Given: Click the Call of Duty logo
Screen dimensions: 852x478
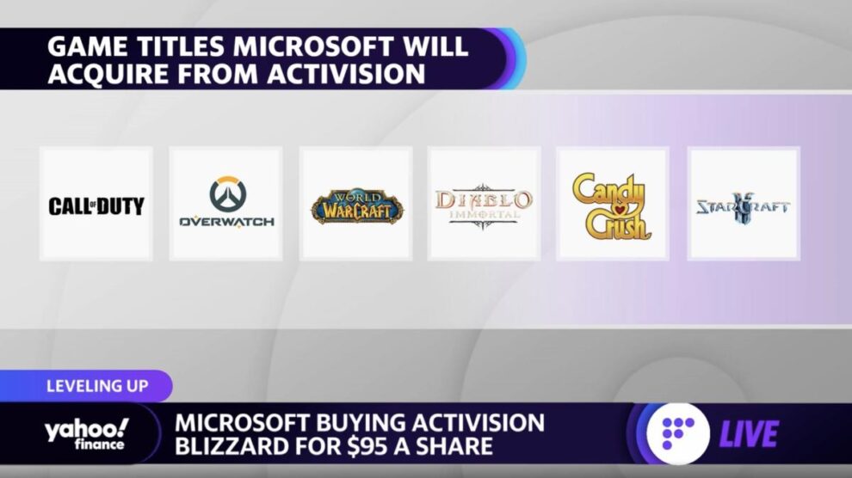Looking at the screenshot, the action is point(96,206).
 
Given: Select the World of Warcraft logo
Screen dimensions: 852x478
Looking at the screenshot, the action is point(357,206).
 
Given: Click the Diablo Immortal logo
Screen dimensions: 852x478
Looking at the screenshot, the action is point(483,205).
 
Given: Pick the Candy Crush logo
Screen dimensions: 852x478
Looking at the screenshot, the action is point(612,206).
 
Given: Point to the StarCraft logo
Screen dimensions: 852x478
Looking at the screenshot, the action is point(743,206).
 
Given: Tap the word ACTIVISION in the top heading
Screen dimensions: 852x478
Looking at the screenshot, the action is point(346,73).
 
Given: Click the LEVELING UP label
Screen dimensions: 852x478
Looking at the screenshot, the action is point(97,386).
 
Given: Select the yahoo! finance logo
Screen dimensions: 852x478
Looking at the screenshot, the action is point(87,435).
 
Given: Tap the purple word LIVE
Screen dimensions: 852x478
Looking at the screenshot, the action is point(750,434).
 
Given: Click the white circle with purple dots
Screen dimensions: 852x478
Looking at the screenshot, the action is point(677,433).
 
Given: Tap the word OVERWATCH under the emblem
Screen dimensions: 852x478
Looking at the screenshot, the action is point(226,222).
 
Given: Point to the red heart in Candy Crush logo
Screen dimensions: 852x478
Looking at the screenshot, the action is point(620,210).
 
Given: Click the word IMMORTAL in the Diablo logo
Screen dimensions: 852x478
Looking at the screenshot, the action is point(484,215).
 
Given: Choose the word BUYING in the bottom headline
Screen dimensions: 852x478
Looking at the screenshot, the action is point(367,423).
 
